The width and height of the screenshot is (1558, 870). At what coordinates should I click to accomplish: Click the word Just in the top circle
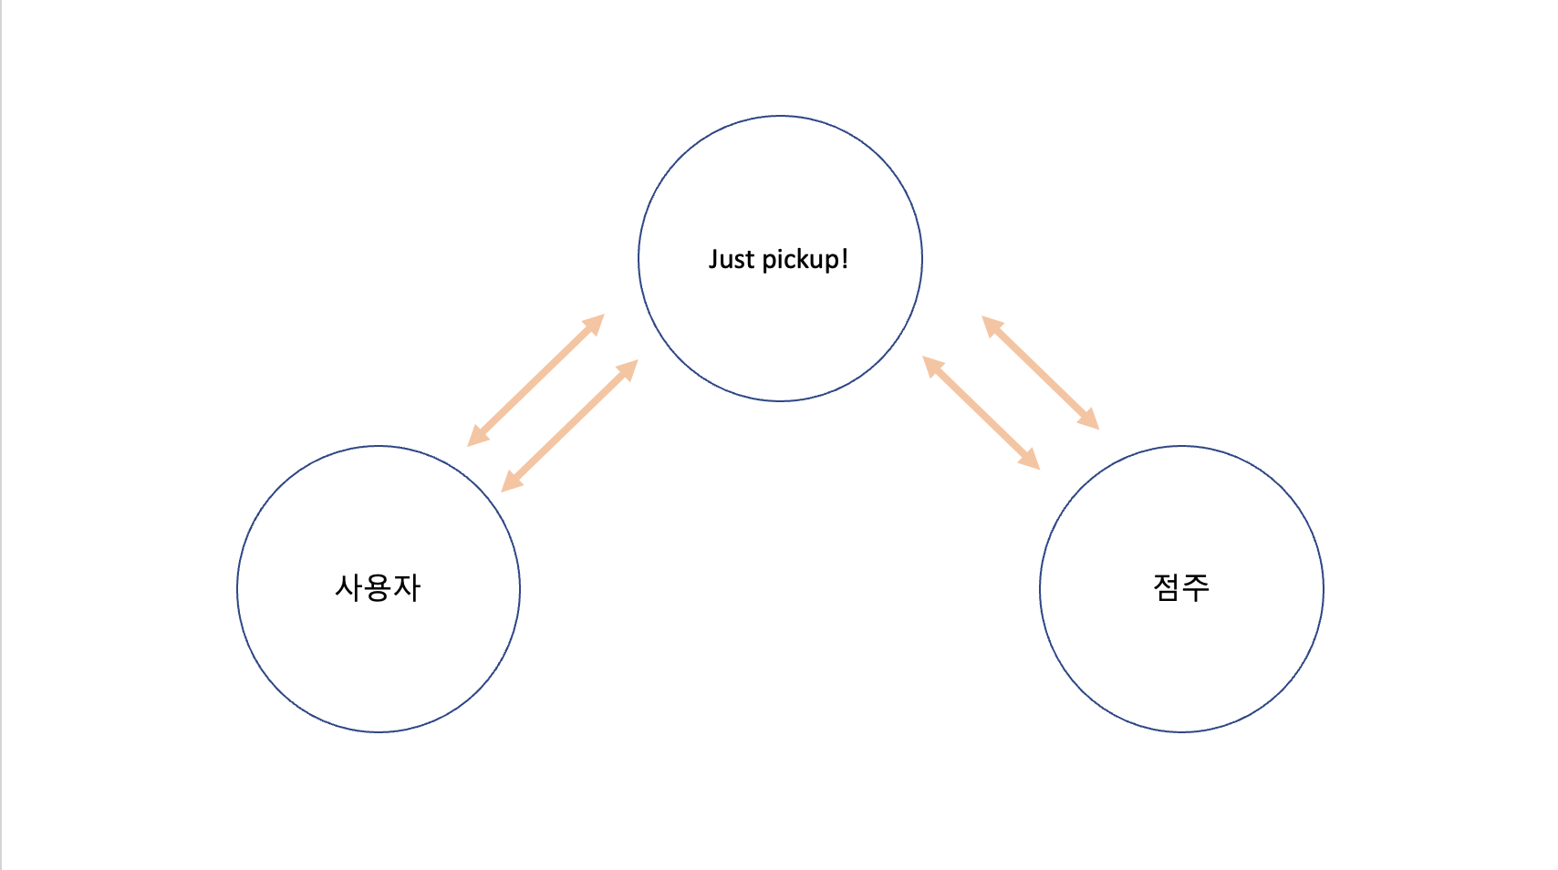tap(732, 260)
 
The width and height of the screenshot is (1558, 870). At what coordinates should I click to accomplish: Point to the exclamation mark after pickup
tap(845, 260)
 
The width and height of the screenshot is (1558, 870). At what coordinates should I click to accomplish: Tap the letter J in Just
tap(713, 260)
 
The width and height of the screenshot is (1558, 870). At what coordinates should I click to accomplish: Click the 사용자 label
tap(378, 587)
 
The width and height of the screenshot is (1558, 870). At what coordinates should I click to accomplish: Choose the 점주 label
tap(1181, 587)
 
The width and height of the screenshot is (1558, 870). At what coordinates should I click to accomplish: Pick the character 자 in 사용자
tap(407, 587)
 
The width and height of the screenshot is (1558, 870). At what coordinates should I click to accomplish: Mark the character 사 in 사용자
tap(349, 587)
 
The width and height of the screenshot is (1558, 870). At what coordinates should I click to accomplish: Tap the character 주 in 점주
tap(1196, 587)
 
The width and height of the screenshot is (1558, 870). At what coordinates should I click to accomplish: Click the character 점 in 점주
tap(1167, 587)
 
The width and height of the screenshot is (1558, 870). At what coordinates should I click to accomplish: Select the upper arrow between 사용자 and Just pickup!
tap(536, 380)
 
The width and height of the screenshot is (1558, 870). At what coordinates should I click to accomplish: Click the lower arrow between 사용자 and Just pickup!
tap(569, 426)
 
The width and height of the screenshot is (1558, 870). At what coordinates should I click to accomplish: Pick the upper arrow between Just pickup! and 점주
tap(1041, 372)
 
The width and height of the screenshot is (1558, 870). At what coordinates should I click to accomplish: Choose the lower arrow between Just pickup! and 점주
tap(982, 413)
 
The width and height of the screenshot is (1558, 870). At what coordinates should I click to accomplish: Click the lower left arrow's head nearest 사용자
tap(511, 482)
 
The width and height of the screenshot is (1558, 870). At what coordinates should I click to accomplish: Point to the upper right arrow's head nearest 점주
tap(1089, 419)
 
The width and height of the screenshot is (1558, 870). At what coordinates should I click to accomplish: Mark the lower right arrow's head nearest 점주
tap(1030, 460)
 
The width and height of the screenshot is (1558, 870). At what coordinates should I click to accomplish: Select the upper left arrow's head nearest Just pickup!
tap(595, 324)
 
